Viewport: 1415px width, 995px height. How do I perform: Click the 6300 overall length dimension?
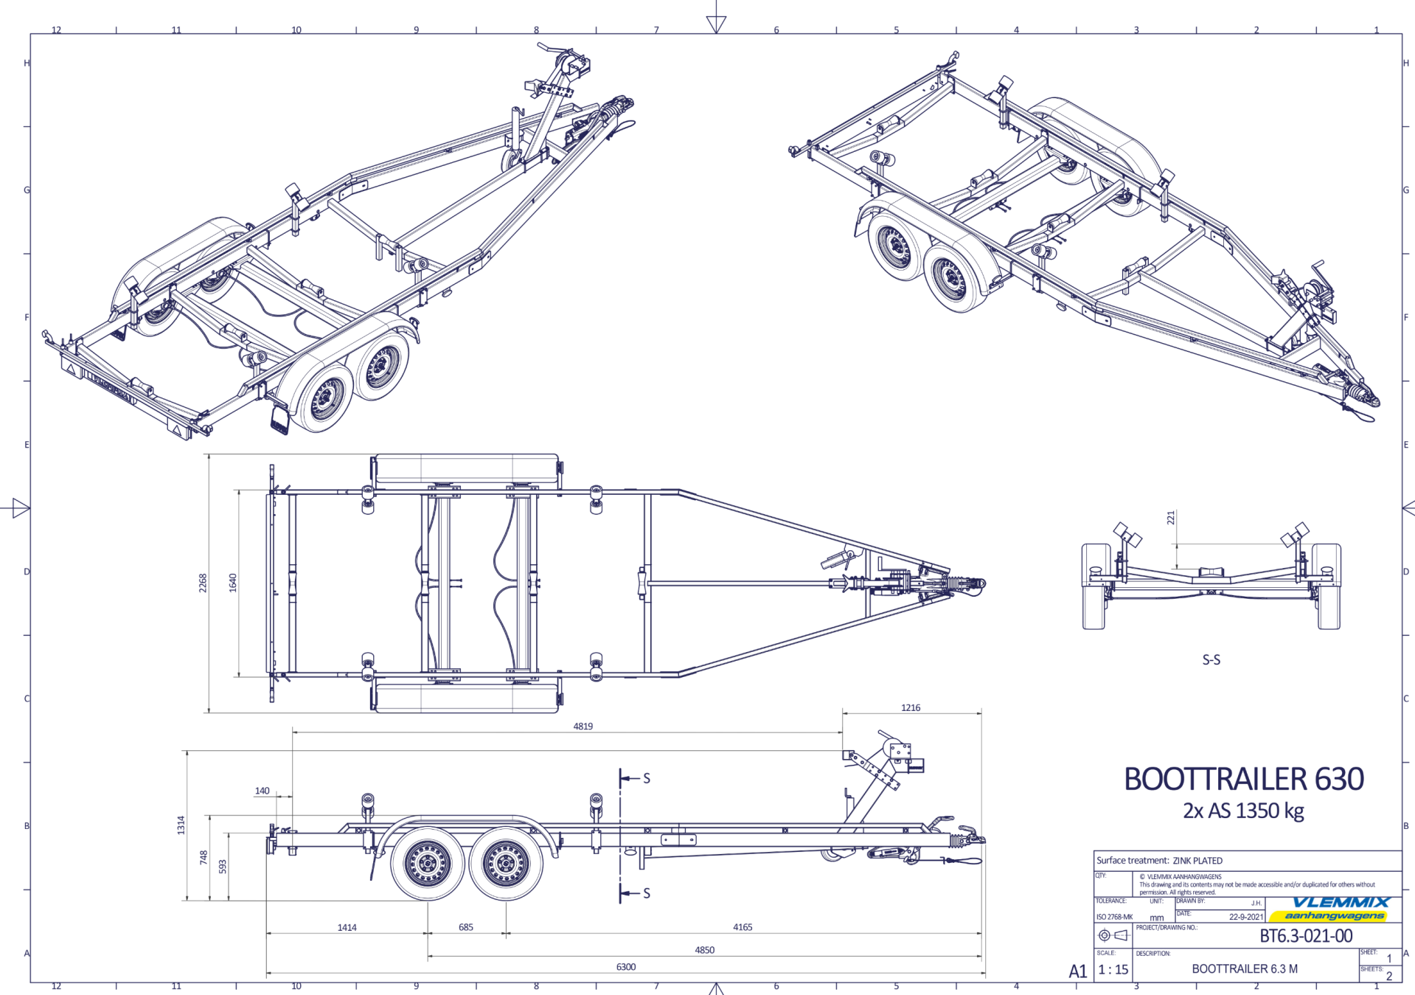pos(625,966)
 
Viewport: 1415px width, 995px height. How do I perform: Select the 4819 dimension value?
pos(583,726)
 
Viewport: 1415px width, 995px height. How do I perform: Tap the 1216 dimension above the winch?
pos(910,707)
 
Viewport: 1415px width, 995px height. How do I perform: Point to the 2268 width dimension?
pos(203,583)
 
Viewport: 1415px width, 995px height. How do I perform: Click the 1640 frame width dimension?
pos(233,583)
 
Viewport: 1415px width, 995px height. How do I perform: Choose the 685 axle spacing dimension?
pos(465,927)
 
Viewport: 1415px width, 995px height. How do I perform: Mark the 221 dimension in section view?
pos(1170,518)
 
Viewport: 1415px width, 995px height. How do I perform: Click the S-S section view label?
pos(1211,659)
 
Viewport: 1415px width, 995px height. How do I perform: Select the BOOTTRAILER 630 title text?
pos(1243,779)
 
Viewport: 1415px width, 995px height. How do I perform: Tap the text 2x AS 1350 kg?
pos(1243,811)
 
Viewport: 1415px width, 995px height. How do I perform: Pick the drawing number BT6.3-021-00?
pos(1306,936)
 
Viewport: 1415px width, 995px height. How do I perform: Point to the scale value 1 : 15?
pos(1113,969)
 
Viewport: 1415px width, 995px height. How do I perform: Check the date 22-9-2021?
pos(1245,917)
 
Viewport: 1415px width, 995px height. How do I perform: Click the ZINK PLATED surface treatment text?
pos(1197,860)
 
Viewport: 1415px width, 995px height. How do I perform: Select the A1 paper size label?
pos(1077,971)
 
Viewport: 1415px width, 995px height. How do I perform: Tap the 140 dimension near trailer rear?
pos(262,791)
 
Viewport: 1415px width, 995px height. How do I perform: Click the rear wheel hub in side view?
pos(428,864)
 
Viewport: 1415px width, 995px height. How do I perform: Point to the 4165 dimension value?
pos(742,927)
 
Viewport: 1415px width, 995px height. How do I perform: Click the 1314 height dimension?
pos(181,825)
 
